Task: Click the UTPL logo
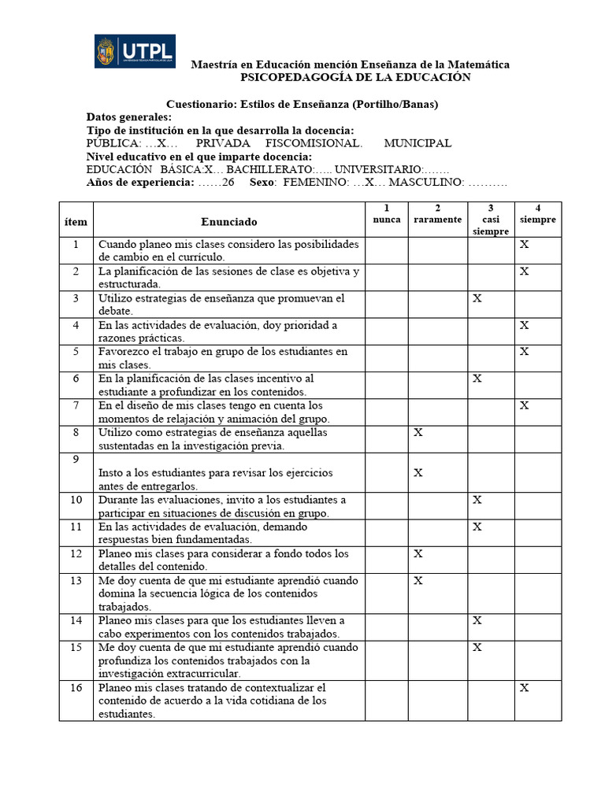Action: (135, 52)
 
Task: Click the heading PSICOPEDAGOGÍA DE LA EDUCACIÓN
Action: (354, 77)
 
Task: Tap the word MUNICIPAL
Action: (418, 143)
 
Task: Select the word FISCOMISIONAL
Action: (314, 143)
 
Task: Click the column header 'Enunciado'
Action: (228, 222)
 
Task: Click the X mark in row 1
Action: (524, 245)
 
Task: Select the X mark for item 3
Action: (477, 298)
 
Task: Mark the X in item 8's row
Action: (418, 432)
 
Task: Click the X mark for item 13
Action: (418, 580)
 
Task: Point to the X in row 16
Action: (524, 687)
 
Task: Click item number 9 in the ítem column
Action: (76, 459)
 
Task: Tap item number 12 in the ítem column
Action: (76, 553)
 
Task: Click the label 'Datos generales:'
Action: (128, 117)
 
